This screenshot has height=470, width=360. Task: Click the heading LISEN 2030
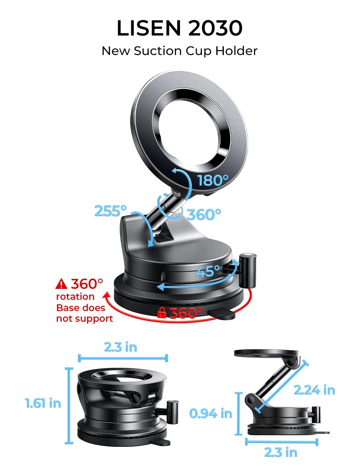coord(179,28)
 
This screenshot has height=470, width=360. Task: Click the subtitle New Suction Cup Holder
coord(179,51)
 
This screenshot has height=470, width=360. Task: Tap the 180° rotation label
coord(213,180)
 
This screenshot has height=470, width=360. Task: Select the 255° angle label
coord(111,211)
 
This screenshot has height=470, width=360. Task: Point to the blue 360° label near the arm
coord(204,215)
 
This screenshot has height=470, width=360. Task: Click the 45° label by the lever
coord(208,271)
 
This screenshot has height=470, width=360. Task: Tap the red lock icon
coord(162,313)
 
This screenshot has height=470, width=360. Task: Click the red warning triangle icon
coord(61,284)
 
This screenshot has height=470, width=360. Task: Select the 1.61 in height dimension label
coord(43,403)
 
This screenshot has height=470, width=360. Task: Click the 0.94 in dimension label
coord(211,414)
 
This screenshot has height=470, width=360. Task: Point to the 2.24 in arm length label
coord(314,390)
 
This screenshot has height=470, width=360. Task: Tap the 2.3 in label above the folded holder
coord(121,347)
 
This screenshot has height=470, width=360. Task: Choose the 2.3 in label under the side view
coord(281,452)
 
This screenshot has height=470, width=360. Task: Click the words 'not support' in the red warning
coord(84,319)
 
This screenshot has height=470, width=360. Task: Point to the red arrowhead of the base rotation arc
coord(107,295)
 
